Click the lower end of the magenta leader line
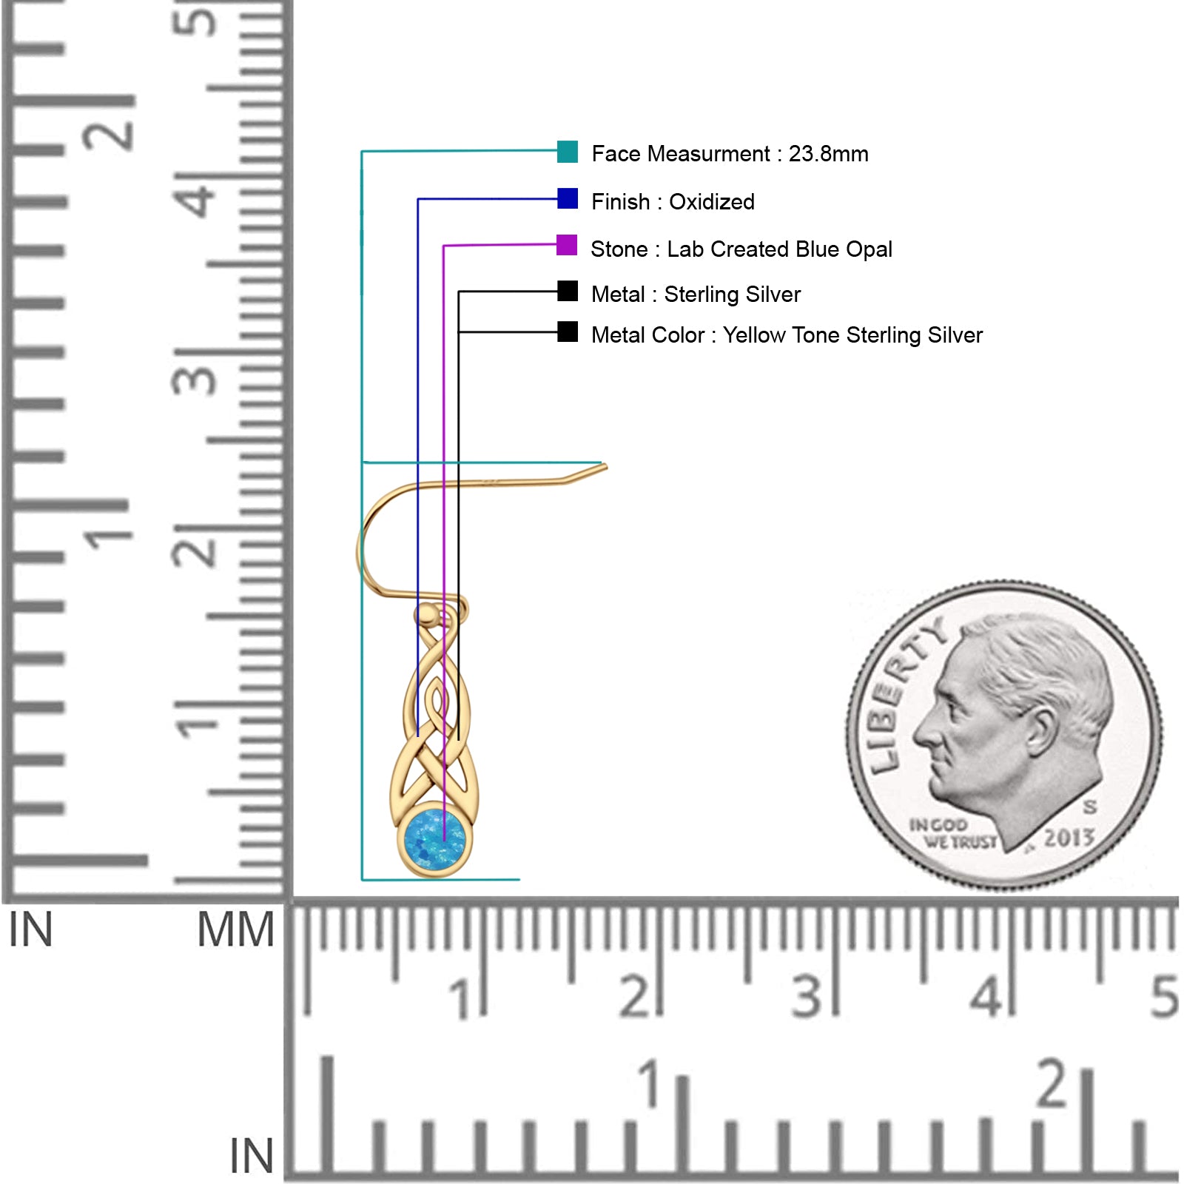click(444, 841)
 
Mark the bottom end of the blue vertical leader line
click(418, 736)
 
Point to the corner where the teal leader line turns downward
click(362, 152)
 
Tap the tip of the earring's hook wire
click(605, 466)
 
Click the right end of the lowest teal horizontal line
click(519, 880)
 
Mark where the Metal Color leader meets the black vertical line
click(459, 332)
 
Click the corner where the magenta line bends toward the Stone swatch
click(444, 246)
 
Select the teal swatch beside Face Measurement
click(568, 151)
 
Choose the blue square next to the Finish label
click(568, 198)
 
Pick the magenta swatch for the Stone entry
click(567, 245)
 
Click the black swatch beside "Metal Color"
click(568, 332)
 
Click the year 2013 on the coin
click(1069, 838)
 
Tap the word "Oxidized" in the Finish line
click(712, 201)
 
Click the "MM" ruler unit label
click(235, 929)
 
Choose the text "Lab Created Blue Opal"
click(779, 249)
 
